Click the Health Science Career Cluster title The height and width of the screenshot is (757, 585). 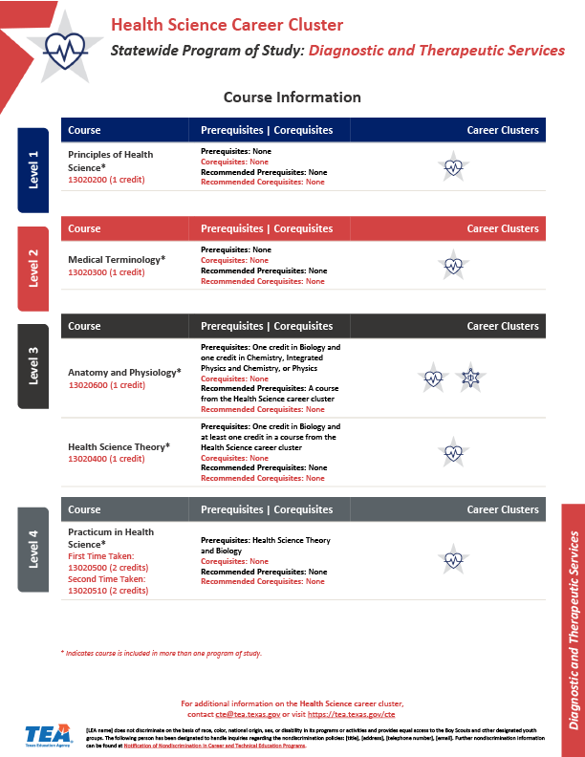click(227, 26)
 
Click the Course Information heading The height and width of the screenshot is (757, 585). click(292, 97)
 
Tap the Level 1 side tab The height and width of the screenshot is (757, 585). click(33, 169)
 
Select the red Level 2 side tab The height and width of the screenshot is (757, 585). click(33, 269)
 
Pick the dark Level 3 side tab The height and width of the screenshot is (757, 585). click(33, 366)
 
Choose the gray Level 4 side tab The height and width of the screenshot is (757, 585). click(33, 550)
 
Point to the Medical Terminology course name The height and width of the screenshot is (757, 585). click(116, 259)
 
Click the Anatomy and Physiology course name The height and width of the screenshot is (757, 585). click(123, 373)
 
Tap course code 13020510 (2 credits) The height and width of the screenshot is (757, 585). click(108, 591)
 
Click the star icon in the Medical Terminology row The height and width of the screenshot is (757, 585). click(454, 265)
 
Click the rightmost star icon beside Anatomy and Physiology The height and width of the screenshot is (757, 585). click(469, 378)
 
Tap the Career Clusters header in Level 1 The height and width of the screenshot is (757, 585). click(502, 131)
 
